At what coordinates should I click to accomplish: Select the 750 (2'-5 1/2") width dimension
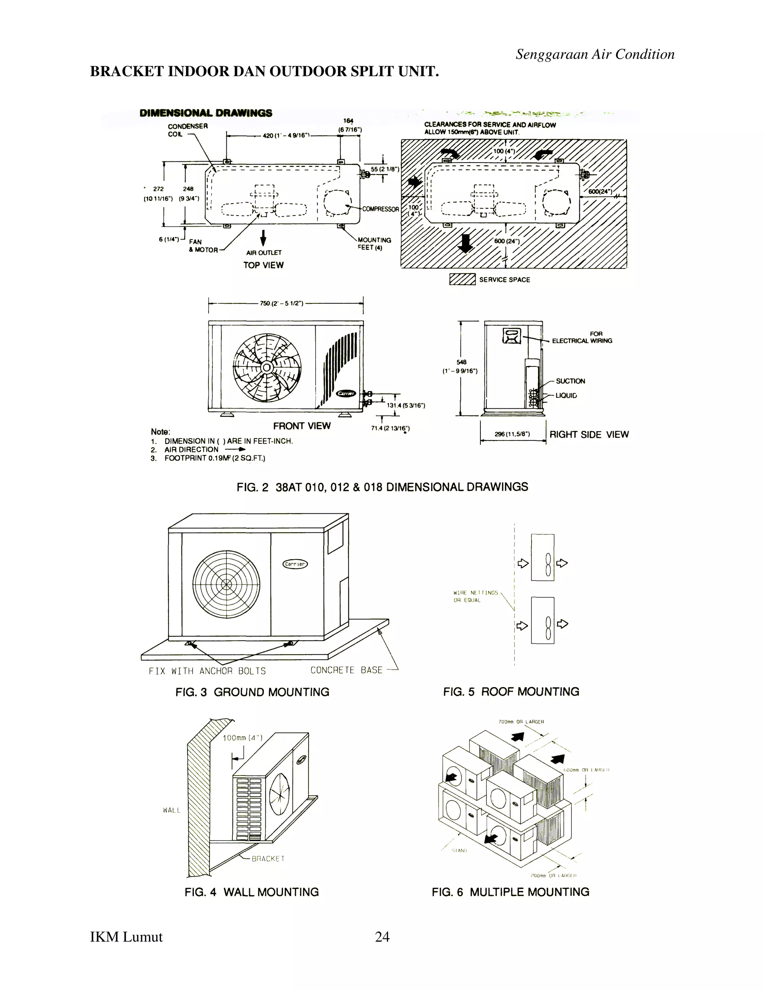click(x=281, y=303)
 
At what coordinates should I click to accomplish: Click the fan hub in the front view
click(x=266, y=368)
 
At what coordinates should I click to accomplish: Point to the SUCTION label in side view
click(x=570, y=381)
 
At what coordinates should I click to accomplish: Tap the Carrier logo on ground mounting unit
click(x=295, y=564)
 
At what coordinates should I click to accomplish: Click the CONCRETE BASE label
click(x=346, y=670)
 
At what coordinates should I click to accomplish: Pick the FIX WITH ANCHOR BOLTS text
click(x=207, y=671)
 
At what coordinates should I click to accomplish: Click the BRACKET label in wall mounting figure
click(x=268, y=858)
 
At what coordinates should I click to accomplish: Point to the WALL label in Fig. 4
click(x=172, y=810)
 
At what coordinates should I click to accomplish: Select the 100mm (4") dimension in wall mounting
click(x=242, y=738)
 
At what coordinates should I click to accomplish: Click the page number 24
click(x=382, y=937)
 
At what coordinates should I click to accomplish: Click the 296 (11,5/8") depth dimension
click(x=512, y=434)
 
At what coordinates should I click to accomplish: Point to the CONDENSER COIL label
click(x=187, y=130)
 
